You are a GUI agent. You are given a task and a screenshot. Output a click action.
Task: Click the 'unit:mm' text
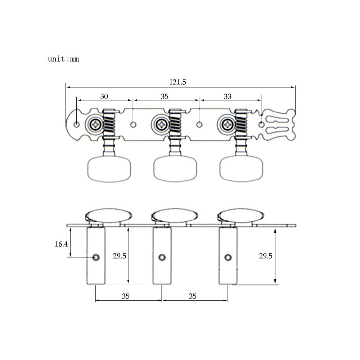click(63, 59)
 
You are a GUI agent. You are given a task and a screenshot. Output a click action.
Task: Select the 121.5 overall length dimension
click(177, 82)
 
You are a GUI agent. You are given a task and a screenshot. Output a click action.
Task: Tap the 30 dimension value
click(104, 96)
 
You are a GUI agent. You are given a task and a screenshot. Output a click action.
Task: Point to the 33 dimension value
click(228, 96)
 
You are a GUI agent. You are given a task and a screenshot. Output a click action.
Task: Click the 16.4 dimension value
click(61, 244)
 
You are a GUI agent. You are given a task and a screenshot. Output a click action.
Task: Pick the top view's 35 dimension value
click(165, 96)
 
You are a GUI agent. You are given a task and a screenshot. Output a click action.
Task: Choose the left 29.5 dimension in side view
click(120, 256)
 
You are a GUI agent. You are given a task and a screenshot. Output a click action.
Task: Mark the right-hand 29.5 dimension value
click(266, 256)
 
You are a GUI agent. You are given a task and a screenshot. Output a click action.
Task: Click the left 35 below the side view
click(126, 296)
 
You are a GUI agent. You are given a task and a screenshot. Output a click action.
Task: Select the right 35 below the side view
click(193, 296)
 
